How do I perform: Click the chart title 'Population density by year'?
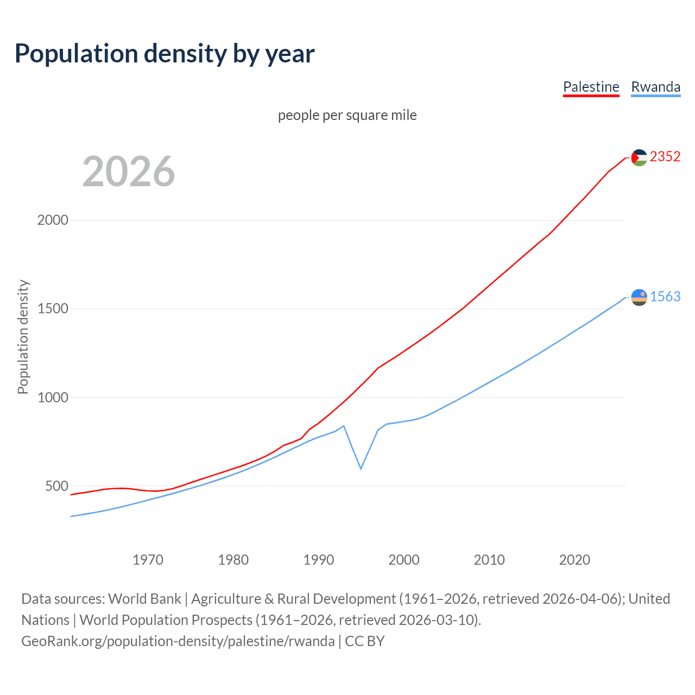(165, 54)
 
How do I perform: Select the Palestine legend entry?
(591, 87)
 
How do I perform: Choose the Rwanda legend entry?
(655, 87)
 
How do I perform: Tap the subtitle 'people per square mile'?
(347, 115)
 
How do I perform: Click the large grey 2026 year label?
(129, 172)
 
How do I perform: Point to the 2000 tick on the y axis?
(53, 220)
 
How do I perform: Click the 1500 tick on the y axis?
(53, 308)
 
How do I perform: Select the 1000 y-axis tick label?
(53, 397)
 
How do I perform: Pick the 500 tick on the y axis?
(56, 486)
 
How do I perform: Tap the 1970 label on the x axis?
(148, 560)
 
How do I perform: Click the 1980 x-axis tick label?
(233, 560)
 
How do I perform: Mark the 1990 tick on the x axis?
(319, 560)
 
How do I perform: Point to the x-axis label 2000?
(404, 560)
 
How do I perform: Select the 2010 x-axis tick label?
(489, 560)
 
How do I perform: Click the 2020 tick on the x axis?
(574, 560)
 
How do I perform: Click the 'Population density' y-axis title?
(23, 337)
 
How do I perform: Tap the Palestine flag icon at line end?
(639, 157)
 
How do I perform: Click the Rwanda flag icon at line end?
(639, 297)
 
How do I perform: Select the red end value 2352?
(665, 156)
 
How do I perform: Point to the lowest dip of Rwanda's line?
(361, 468)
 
